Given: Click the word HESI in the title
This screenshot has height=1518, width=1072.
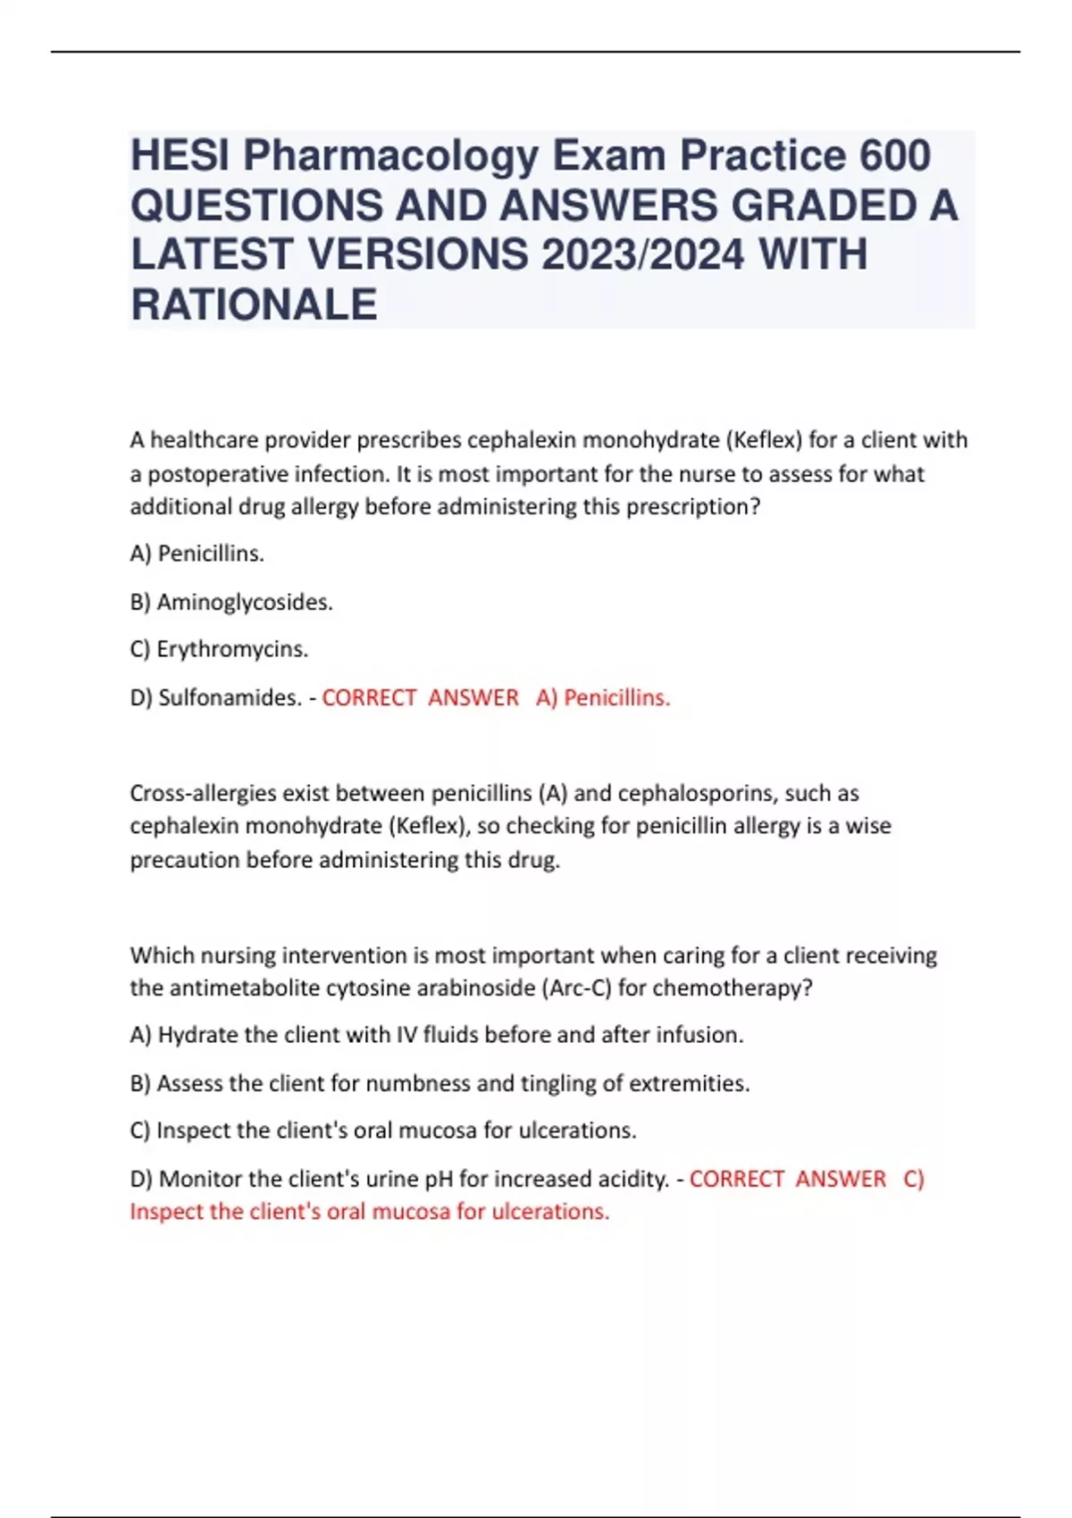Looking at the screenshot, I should [x=180, y=156].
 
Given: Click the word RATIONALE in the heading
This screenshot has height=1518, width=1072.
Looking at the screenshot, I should [x=254, y=304].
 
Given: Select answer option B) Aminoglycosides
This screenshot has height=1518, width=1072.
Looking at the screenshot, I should [x=231, y=603].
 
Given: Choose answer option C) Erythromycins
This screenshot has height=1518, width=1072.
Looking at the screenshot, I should [x=219, y=649].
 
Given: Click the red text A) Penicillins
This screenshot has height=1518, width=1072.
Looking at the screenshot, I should [x=603, y=697].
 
